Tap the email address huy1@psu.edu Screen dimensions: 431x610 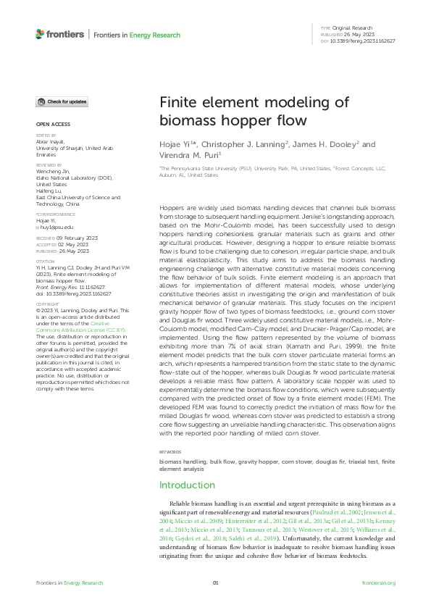point(55,227)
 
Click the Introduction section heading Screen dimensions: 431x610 point(187,485)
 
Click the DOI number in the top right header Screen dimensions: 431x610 point(369,41)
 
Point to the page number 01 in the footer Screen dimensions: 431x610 point(215,582)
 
